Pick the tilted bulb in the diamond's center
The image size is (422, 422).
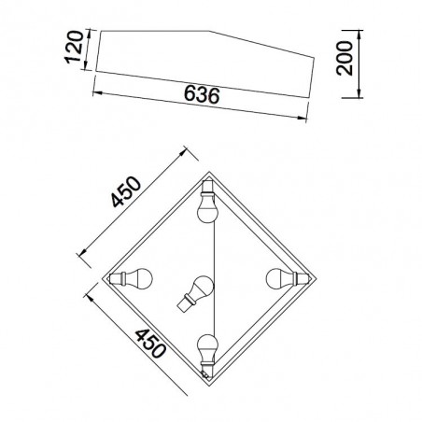pyautogui.click(x=196, y=292)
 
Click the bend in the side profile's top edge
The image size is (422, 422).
pyautogui.click(x=210, y=32)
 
